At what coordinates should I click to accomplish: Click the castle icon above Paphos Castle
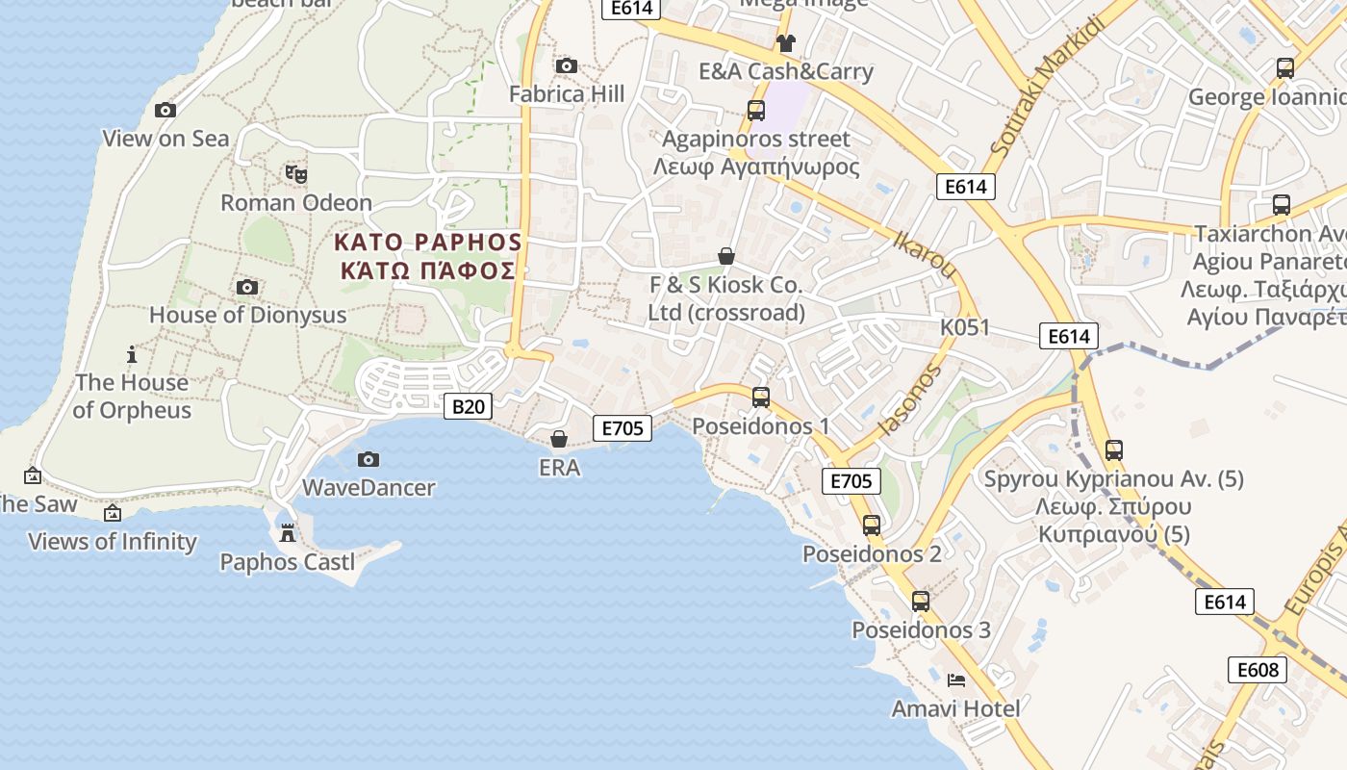287,533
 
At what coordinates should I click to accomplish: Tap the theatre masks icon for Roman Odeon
296,174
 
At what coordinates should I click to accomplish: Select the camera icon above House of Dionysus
247,287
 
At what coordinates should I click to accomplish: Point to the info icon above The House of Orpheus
133,354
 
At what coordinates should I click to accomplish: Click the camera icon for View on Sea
165,110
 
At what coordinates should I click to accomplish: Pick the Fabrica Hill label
566,94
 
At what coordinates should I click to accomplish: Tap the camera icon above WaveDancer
369,459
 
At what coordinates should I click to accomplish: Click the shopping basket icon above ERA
559,440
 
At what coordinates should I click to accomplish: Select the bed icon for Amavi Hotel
955,680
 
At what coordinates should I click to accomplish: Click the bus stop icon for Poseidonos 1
761,397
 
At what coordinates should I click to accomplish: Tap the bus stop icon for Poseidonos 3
921,602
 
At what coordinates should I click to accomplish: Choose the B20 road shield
468,406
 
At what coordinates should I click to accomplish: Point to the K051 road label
964,327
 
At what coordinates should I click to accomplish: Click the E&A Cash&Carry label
786,71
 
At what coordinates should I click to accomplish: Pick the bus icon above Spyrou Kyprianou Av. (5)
1114,449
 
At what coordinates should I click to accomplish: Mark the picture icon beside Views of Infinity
113,513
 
